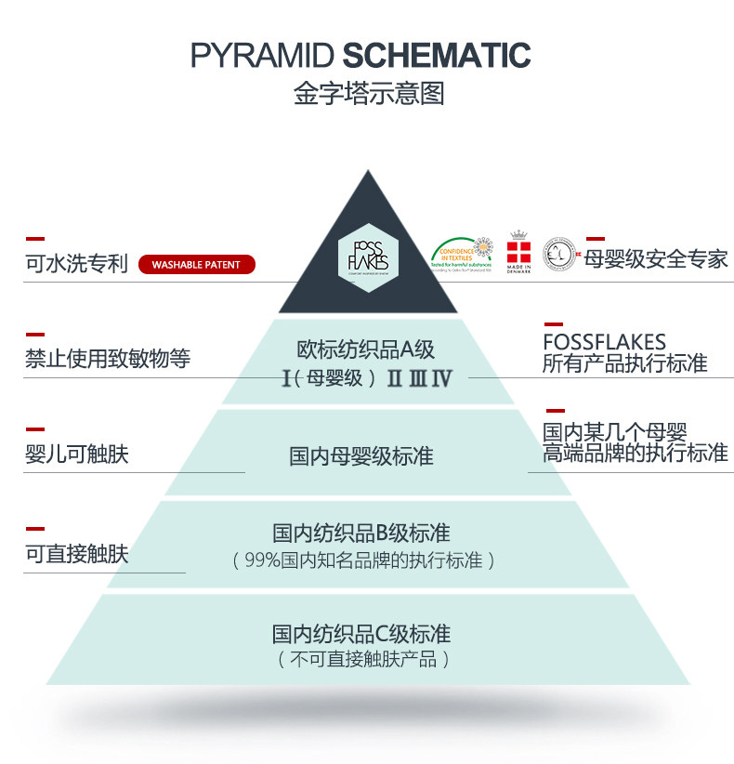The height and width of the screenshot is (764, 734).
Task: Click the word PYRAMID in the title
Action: (262, 55)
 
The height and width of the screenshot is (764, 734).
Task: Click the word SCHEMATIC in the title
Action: (437, 55)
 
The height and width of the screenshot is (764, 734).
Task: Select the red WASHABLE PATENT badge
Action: (196, 265)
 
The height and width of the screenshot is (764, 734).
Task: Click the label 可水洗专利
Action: (76, 264)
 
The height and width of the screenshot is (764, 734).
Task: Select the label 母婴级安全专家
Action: (656, 258)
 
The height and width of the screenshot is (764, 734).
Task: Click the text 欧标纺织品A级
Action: (366, 349)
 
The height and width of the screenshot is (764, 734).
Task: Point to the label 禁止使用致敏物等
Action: (107, 359)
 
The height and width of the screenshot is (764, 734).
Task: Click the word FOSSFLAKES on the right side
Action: (604, 342)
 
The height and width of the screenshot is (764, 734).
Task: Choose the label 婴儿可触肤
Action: (76, 455)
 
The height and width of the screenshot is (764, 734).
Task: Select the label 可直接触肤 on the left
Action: (76, 555)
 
